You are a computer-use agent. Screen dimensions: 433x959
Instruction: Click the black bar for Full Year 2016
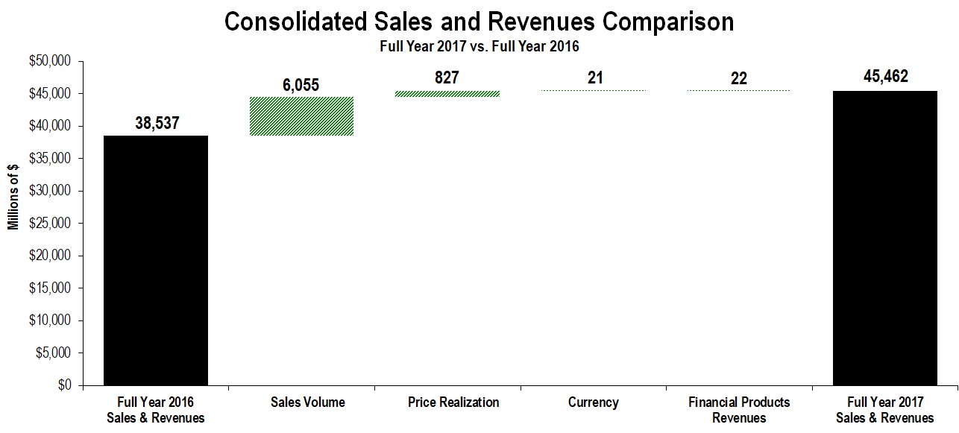(156, 260)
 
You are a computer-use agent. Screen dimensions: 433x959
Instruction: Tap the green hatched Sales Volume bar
(301, 116)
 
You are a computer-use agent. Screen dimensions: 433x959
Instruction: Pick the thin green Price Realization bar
(447, 94)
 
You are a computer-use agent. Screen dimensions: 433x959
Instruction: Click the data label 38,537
(157, 124)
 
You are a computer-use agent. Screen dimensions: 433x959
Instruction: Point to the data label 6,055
(301, 85)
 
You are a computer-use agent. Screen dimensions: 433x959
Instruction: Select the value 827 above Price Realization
(447, 78)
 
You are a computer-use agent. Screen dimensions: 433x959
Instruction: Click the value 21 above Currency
(594, 78)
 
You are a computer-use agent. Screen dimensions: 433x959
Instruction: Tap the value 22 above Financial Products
(739, 78)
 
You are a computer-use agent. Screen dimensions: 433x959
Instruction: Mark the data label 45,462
(884, 77)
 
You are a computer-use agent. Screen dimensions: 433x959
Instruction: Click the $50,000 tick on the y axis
(48, 62)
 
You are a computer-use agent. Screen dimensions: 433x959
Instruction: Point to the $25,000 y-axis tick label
(48, 224)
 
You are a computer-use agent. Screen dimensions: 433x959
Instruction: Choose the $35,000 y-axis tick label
(48, 159)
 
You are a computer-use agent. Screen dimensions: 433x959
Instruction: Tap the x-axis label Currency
(594, 402)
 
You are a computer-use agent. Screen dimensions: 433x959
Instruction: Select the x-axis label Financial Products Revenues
(739, 410)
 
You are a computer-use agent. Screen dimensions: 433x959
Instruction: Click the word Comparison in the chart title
(668, 22)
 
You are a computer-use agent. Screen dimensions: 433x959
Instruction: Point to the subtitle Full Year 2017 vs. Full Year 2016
(479, 46)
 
